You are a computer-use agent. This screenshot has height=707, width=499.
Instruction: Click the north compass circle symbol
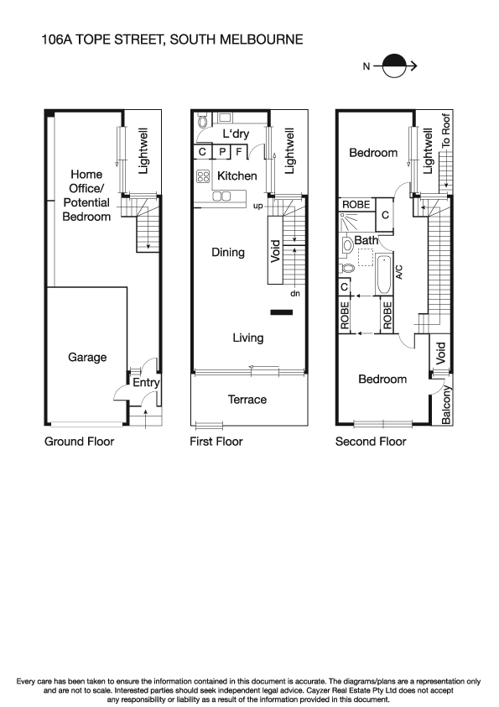tap(392, 64)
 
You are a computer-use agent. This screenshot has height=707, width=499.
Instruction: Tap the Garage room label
tap(87, 358)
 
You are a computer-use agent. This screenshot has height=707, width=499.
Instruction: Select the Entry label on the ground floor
tap(147, 383)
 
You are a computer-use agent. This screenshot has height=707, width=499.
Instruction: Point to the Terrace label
tap(247, 400)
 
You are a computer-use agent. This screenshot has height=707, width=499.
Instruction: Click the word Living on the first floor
tap(247, 338)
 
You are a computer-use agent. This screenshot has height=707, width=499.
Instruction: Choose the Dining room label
tap(228, 252)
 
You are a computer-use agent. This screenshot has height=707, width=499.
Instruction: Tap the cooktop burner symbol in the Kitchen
tap(202, 176)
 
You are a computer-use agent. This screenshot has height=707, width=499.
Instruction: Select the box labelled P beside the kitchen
tap(222, 152)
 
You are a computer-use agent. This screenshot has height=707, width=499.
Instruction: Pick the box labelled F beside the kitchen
tap(239, 152)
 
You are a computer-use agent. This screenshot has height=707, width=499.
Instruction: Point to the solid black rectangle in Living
tap(281, 314)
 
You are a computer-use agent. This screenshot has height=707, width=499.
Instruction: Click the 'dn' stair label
tap(294, 294)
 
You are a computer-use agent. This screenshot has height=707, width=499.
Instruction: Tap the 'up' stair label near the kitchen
tap(258, 206)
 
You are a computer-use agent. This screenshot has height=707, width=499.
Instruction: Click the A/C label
tap(400, 271)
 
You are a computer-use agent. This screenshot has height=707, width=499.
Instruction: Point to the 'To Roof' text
tap(446, 131)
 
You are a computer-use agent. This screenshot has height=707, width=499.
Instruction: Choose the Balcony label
tap(446, 405)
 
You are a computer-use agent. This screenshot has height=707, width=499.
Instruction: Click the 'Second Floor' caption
tap(371, 442)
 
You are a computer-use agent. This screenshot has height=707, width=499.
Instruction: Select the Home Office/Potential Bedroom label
tap(86, 196)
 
